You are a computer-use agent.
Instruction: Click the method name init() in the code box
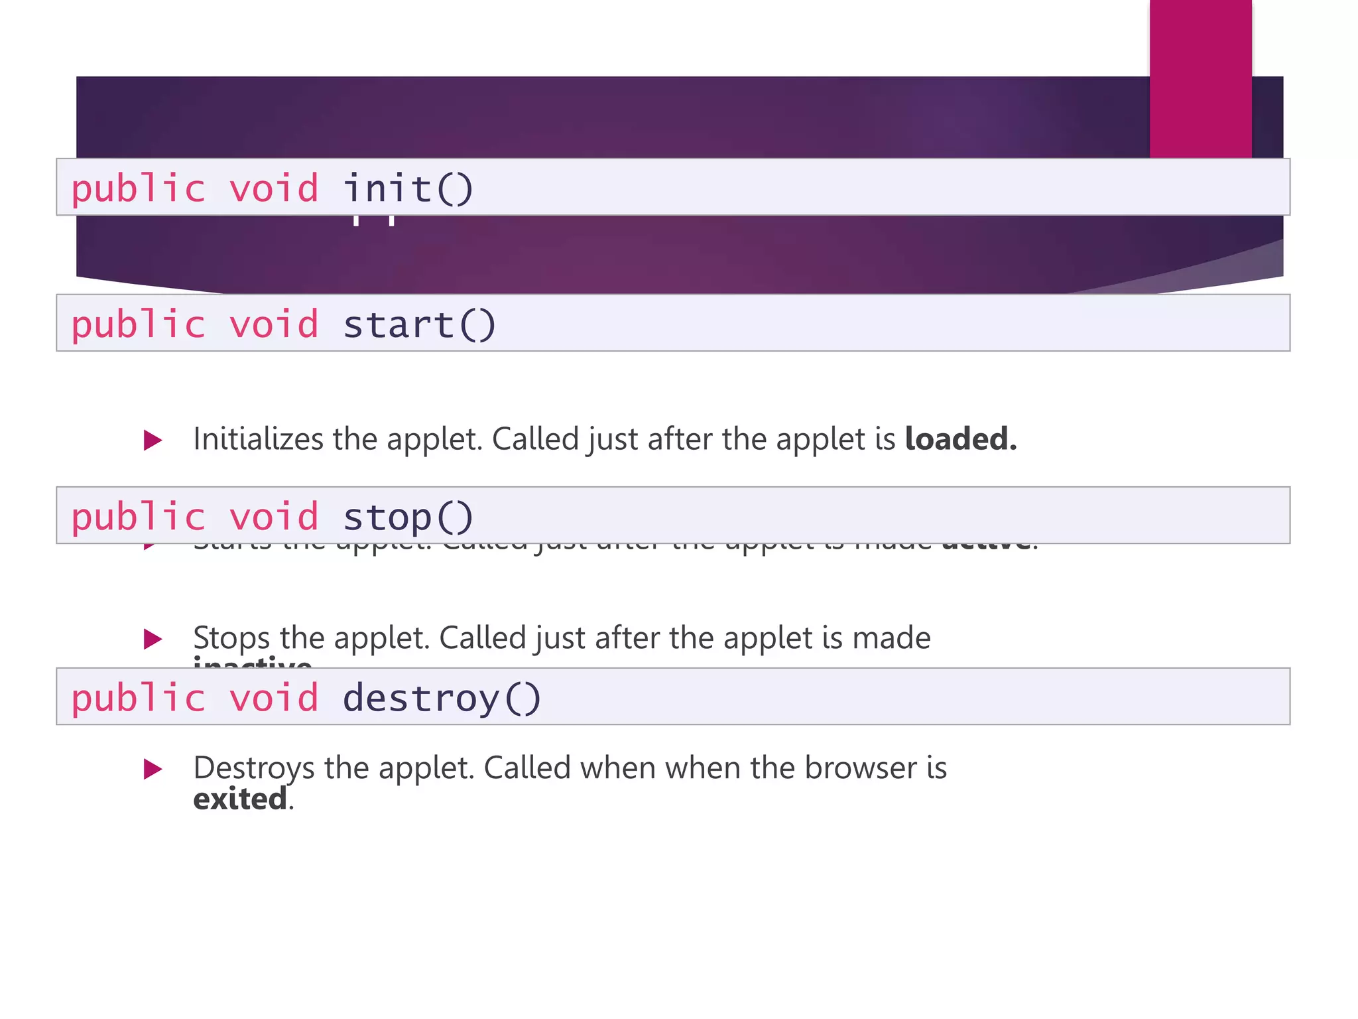tap(408, 188)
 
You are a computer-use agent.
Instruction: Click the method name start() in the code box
tap(419, 324)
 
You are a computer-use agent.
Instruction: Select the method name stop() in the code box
tap(408, 517)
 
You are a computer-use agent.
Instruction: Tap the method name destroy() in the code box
tap(442, 698)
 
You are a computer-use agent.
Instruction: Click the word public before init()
tap(139, 188)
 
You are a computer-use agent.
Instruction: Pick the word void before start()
tap(274, 324)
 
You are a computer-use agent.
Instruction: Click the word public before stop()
tap(139, 517)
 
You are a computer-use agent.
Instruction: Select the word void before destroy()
tap(274, 698)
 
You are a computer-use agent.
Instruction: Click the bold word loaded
tap(960, 439)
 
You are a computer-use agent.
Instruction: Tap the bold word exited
tap(240, 799)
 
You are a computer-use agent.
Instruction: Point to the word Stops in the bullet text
tap(231, 638)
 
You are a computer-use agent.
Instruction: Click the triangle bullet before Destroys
tap(153, 770)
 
